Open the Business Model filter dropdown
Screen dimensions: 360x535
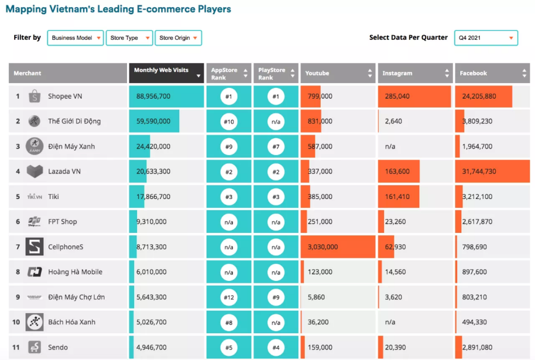(x=75, y=38)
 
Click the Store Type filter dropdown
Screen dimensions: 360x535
(x=129, y=38)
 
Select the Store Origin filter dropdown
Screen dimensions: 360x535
(x=178, y=38)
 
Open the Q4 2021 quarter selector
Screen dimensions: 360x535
(x=486, y=38)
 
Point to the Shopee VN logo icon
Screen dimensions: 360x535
(x=34, y=96)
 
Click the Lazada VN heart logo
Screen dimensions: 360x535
(x=34, y=171)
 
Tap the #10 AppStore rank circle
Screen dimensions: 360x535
(x=229, y=121)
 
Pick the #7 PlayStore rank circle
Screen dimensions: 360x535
(x=276, y=146)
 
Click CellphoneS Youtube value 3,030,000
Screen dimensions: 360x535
(x=323, y=247)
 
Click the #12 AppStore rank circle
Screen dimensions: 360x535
(x=229, y=297)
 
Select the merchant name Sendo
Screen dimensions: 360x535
(x=58, y=348)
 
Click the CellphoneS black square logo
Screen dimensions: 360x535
(x=34, y=247)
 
